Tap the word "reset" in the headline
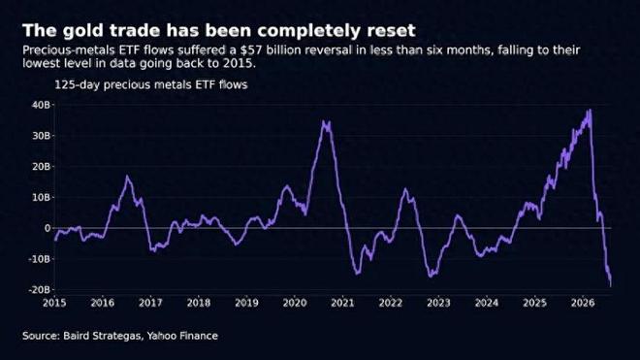click(x=392, y=31)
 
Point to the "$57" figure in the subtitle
click(x=248, y=50)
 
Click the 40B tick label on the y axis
click(x=41, y=105)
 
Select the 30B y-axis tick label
click(x=41, y=136)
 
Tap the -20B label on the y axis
click(x=39, y=290)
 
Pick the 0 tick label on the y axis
click(x=48, y=228)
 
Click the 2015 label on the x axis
click(x=54, y=303)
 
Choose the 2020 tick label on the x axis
click(x=295, y=303)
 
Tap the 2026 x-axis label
click(x=583, y=303)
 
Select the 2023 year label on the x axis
click(x=438, y=303)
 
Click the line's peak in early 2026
click(x=590, y=110)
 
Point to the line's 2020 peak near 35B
click(x=324, y=121)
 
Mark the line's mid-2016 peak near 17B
click(x=127, y=176)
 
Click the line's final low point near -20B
click(x=611, y=285)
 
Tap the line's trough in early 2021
click(x=358, y=274)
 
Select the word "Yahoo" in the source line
click(x=162, y=336)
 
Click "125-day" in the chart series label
click(x=78, y=85)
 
